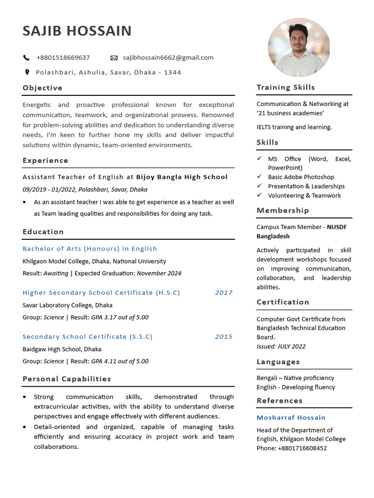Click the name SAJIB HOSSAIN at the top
(77, 31)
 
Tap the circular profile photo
(299, 47)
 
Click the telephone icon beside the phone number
(26, 58)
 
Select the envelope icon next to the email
(114, 58)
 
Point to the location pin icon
(27, 72)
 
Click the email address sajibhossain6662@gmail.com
(168, 57)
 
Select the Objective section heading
(42, 88)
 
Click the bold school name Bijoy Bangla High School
(182, 177)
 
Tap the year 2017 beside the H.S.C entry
(224, 293)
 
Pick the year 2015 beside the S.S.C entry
(224, 337)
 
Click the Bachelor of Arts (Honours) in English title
(90, 249)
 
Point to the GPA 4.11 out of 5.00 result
(120, 361)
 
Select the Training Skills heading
(286, 88)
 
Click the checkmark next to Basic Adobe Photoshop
(260, 177)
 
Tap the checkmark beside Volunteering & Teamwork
(260, 196)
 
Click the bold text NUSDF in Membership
(337, 227)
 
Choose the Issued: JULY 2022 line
(281, 347)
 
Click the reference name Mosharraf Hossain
(291, 418)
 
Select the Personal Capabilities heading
(67, 379)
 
